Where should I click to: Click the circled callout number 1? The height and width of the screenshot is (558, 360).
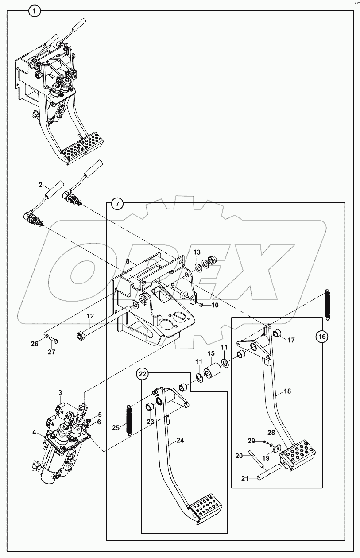pyautogui.click(x=34, y=10)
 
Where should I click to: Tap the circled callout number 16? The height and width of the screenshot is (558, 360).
pyautogui.click(x=322, y=337)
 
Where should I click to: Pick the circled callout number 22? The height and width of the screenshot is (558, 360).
pyautogui.click(x=142, y=375)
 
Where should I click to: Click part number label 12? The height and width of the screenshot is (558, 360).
pyautogui.click(x=90, y=316)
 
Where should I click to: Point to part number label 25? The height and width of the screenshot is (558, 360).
pyautogui.click(x=116, y=428)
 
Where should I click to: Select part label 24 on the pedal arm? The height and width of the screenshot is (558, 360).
pyautogui.click(x=180, y=441)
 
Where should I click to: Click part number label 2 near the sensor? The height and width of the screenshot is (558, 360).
pyautogui.click(x=40, y=185)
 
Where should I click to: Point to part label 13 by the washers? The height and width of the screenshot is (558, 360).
pyautogui.click(x=197, y=252)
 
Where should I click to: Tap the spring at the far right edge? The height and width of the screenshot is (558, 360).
pyautogui.click(x=328, y=304)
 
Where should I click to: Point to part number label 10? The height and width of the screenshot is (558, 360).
pyautogui.click(x=214, y=306)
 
